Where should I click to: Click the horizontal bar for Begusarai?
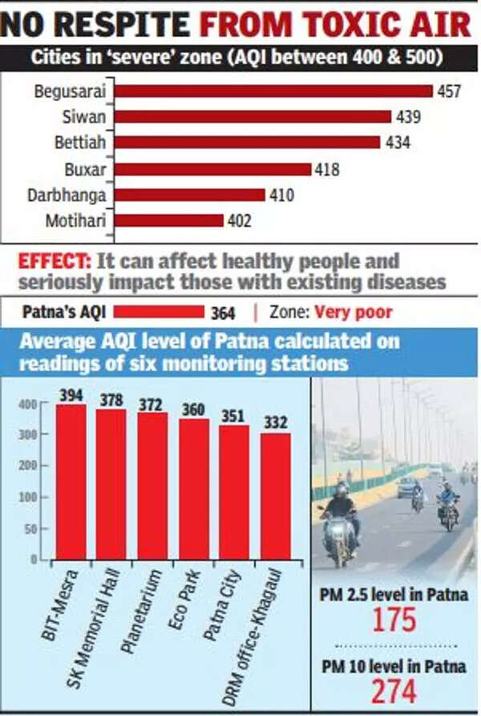pyautogui.click(x=273, y=91)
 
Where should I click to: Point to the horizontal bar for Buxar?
pyautogui.click(x=212, y=169)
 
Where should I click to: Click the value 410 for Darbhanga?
pyautogui.click(x=281, y=195)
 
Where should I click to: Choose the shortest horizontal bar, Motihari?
pyautogui.click(x=169, y=220)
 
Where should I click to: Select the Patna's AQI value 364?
pyautogui.click(x=222, y=313)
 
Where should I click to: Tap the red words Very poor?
pyautogui.click(x=353, y=312)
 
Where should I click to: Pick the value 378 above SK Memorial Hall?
pyautogui.click(x=111, y=398)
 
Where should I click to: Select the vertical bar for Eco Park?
pyautogui.click(x=193, y=489)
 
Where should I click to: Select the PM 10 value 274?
pyautogui.click(x=394, y=690)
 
